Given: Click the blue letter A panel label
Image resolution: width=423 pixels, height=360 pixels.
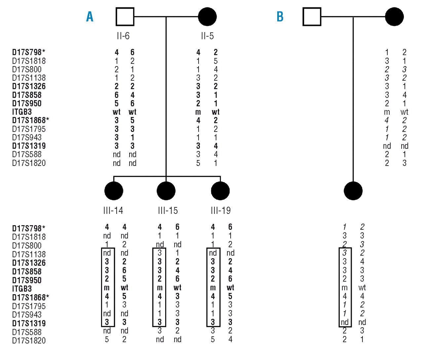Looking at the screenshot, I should pyautogui.click(x=90, y=17).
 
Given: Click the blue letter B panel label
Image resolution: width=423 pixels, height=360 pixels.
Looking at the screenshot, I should pyautogui.click(x=280, y=17).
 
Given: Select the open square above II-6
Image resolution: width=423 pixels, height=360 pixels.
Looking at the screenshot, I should pyautogui.click(x=125, y=17).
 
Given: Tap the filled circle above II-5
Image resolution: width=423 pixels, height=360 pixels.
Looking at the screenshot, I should pyautogui.click(x=207, y=17).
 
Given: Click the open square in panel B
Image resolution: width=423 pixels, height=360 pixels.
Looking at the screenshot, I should pyautogui.click(x=312, y=17).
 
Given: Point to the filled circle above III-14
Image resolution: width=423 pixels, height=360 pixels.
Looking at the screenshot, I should pyautogui.click(x=114, y=191).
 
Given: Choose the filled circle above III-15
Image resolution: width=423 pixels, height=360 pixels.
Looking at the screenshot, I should pyautogui.click(x=166, y=191).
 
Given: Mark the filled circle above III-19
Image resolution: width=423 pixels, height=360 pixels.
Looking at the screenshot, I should pyautogui.click(x=220, y=191).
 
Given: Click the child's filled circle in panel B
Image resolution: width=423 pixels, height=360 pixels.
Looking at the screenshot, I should pyautogui.click(x=353, y=191).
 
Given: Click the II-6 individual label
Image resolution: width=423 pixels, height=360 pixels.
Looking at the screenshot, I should pyautogui.click(x=123, y=36).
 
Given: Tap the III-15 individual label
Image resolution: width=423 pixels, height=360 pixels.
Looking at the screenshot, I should pyautogui.click(x=168, y=210).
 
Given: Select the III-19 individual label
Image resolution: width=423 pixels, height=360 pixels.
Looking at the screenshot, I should pyautogui.click(x=220, y=210).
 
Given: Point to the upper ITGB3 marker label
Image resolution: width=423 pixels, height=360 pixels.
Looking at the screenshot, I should pyautogui.click(x=22, y=112).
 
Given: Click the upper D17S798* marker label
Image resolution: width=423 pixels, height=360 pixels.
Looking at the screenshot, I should pyautogui.click(x=28, y=52).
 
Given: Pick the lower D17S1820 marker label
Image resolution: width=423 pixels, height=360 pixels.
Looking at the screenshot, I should pyautogui.click(x=29, y=340).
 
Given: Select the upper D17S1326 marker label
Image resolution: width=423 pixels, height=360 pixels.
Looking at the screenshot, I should pyautogui.click(x=29, y=86).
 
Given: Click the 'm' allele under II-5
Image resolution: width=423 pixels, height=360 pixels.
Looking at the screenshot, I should pyautogui.click(x=198, y=112).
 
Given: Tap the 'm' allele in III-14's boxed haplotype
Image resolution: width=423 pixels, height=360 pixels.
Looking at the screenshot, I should pyautogui.click(x=107, y=288).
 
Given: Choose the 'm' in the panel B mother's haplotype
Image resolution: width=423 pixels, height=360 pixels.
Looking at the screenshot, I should pyautogui.click(x=387, y=112).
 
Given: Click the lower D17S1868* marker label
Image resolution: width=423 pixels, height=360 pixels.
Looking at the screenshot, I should pyautogui.click(x=30, y=297).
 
